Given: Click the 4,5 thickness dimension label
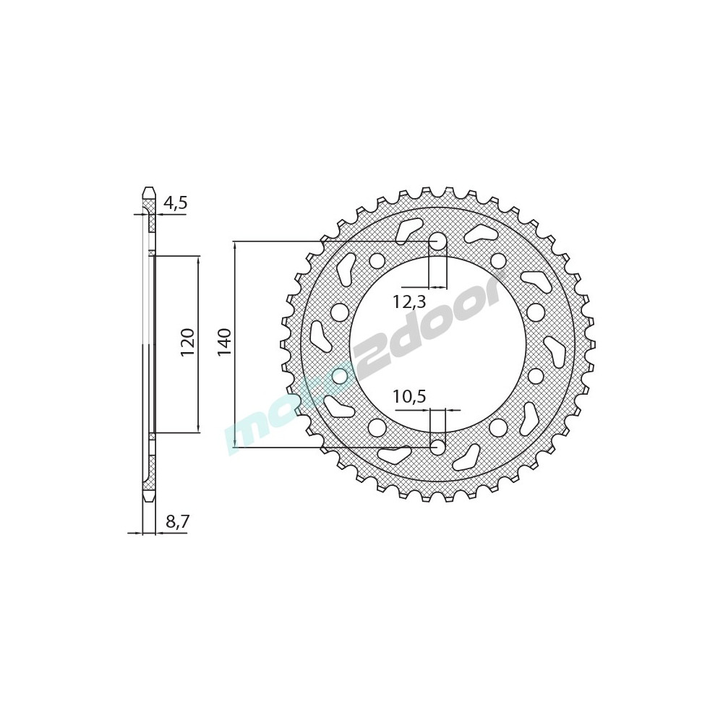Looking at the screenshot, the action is point(176,203).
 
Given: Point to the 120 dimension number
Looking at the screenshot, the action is point(188,343).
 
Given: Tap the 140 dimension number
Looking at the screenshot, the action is point(225,343).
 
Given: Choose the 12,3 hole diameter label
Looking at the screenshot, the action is point(409,302).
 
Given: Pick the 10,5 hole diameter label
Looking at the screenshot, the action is point(409,396).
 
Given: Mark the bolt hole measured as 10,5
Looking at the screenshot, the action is point(438,447).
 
